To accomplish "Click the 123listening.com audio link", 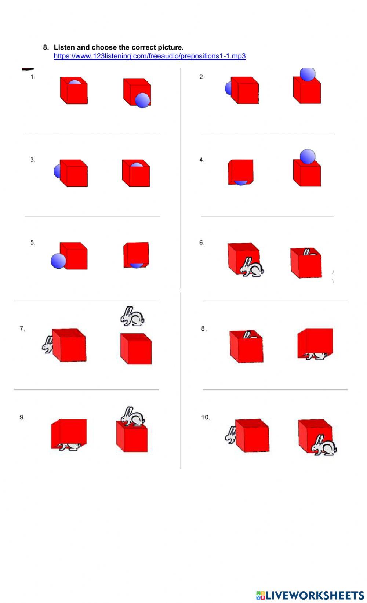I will pos(149,56).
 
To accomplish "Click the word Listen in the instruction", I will pos(64,47).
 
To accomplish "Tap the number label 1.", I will pos(33,77).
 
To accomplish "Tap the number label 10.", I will pos(205,417).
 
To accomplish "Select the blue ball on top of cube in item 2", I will pos(307,74).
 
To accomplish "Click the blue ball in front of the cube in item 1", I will pos(142,100).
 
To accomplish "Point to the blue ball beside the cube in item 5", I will pos(58,261).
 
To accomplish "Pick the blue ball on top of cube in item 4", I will pos(307,157).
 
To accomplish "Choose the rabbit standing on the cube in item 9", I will pos(133,417).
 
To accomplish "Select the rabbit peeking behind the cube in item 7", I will pos(47,345).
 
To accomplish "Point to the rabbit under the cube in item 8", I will pos(316,356).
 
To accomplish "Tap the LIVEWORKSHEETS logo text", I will pos(310,595).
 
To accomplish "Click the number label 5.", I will pos(33,243).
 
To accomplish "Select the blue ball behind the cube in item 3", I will pos(57,171).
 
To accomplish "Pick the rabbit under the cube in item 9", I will pos(70,447).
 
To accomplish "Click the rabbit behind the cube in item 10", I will pos(230,435).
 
